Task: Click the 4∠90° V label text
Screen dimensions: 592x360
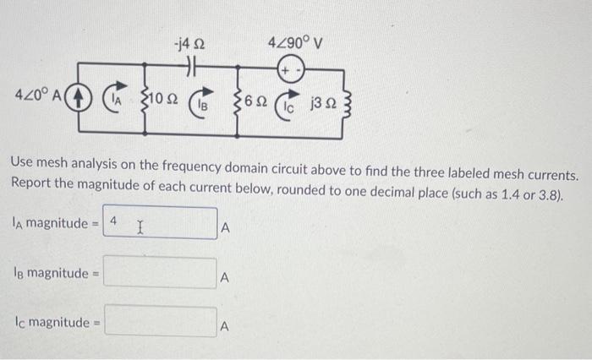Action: pos(293,42)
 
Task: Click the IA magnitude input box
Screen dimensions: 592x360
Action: pos(161,224)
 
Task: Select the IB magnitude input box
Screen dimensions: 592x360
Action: pos(161,273)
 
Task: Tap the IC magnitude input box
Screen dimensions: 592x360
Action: pos(161,322)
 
